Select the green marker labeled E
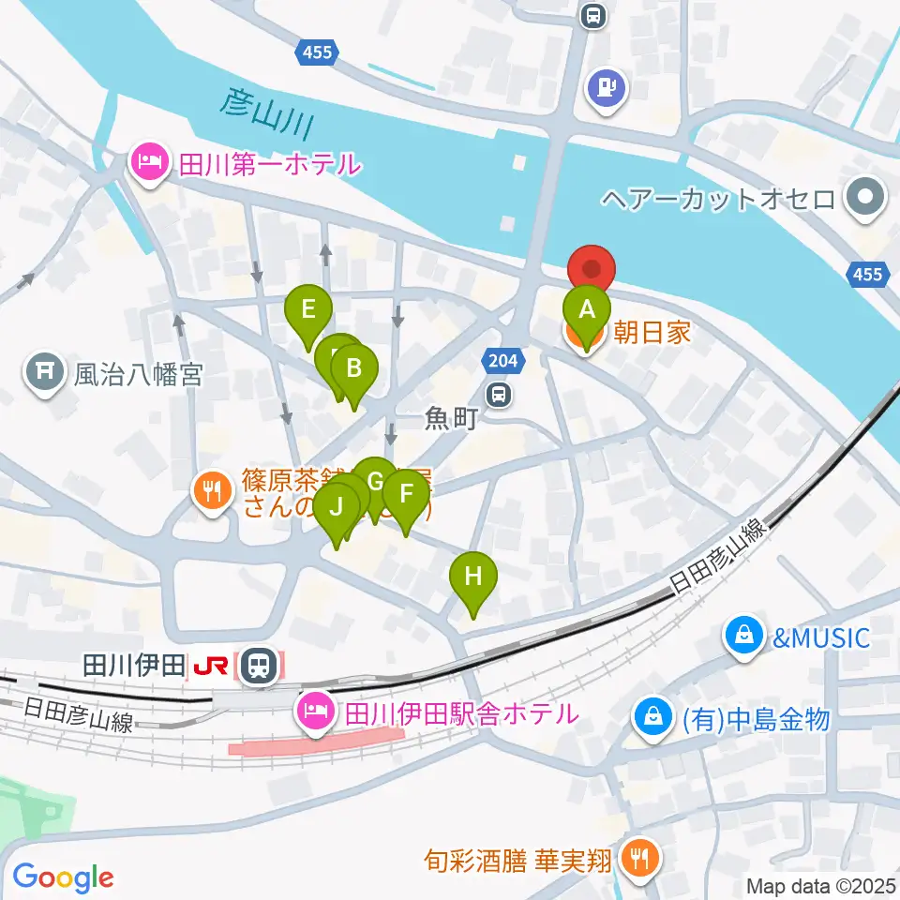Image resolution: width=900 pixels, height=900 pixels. pyautogui.click(x=308, y=309)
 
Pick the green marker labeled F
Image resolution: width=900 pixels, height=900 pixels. pyautogui.click(x=406, y=494)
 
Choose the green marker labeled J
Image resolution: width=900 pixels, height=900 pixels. pyautogui.click(x=337, y=508)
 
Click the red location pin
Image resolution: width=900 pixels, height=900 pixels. pyautogui.click(x=592, y=269)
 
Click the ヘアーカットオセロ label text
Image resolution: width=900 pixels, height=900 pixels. pyautogui.click(x=717, y=199)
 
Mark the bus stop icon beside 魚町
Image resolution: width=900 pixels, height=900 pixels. pyautogui.click(x=501, y=394)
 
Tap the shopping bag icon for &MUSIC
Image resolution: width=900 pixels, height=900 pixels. pyautogui.click(x=742, y=638)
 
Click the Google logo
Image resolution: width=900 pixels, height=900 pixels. pyautogui.click(x=63, y=878)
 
